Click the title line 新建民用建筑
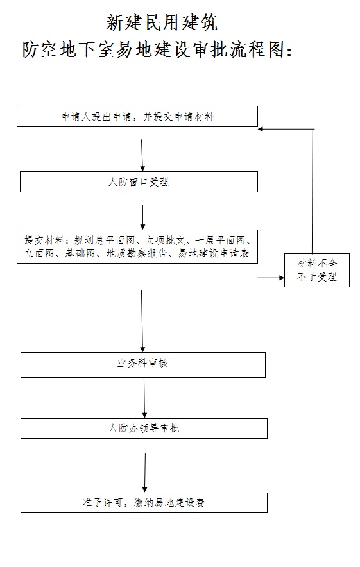tap(162, 23)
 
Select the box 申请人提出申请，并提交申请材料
tap(137, 117)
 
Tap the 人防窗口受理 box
tap(139, 182)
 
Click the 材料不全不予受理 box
tap(316, 270)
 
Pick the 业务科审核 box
tap(142, 364)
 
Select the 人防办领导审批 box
tap(144, 428)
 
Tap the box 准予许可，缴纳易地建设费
tap(144, 502)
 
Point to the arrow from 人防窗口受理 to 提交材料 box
tap(142, 217)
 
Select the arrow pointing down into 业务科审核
tap(142, 321)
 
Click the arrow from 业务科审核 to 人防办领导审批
tap(144, 398)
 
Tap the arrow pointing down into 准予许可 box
tap(145, 473)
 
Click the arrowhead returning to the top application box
tap(261, 129)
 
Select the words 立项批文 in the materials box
tap(165, 241)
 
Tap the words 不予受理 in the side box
tap(316, 277)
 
